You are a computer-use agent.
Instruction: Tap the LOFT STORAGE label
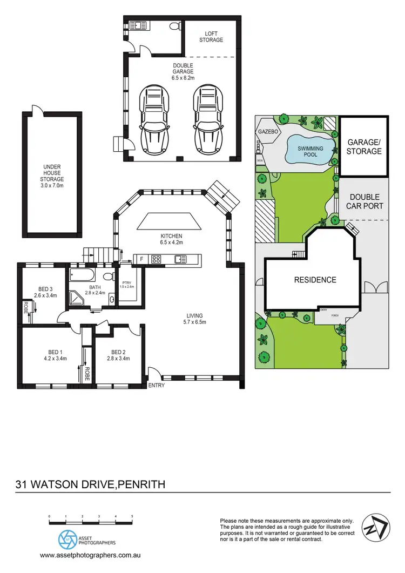tap(211, 36)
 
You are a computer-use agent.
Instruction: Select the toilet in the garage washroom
tap(174, 26)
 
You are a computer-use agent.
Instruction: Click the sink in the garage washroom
tap(138, 24)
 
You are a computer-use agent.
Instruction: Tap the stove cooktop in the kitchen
tap(156, 259)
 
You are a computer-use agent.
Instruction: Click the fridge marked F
tap(141, 259)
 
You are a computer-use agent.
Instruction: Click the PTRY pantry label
tap(127, 282)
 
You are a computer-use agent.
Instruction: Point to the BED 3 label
tap(45, 288)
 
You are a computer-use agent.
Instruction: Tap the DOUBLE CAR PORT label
tap(366, 201)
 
